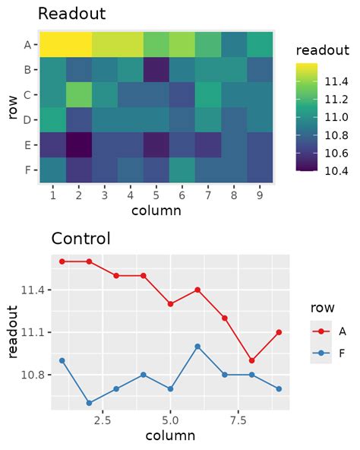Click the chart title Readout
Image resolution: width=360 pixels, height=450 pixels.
coord(71,14)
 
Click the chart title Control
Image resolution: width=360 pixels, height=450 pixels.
coord(81,238)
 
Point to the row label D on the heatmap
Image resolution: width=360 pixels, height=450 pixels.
coord(27,119)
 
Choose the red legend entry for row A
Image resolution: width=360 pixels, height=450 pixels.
coord(322,331)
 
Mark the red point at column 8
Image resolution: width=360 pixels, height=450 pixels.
coord(252,360)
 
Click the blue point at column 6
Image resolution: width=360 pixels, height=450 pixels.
coord(197,346)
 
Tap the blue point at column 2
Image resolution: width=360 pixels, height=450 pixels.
coord(89,403)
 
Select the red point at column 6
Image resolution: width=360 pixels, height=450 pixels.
coord(197,290)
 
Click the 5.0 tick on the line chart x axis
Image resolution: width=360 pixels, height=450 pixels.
coord(170,419)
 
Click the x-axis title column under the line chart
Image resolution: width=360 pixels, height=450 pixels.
coord(170,436)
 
